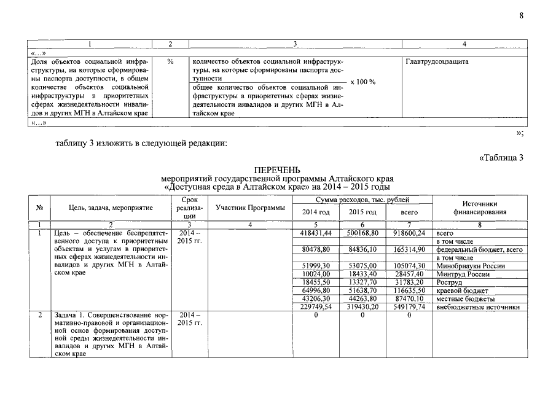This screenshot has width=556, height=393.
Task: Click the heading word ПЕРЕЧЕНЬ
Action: [279, 169]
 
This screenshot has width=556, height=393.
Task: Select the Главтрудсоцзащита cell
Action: [437, 62]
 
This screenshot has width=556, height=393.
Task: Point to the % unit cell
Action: [170, 62]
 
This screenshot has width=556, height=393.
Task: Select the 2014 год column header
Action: [316, 212]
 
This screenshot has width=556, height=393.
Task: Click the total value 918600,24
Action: [409, 233]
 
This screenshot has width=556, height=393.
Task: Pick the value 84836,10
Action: [362, 250]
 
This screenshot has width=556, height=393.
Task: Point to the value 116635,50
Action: [409, 290]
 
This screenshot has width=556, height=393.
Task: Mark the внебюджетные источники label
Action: [477, 307]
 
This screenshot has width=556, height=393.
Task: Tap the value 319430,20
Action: [362, 307]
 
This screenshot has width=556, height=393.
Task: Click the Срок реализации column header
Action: [189, 208]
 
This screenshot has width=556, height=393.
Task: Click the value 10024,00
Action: [316, 274]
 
